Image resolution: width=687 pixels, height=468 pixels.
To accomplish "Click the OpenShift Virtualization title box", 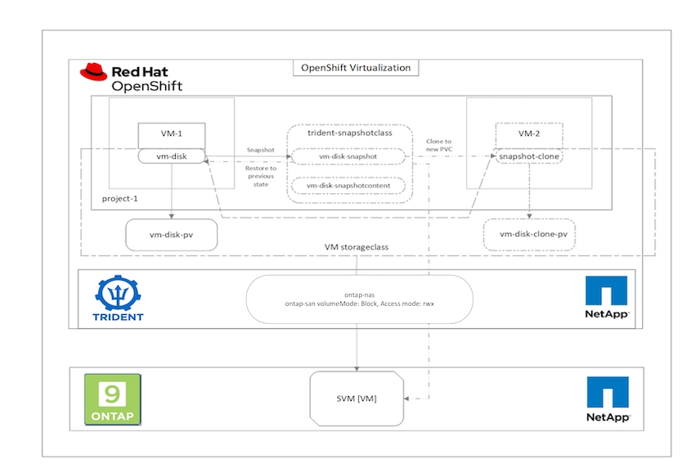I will click(357, 68).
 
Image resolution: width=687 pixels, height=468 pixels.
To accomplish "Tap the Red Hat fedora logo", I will click(93, 72).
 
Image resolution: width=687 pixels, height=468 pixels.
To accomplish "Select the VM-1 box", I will click(170, 134).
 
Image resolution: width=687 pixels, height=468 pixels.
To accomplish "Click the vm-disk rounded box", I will click(170, 155).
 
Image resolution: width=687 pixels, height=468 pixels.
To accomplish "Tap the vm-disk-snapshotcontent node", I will click(349, 186).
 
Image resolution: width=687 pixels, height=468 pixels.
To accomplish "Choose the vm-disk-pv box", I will click(170, 234).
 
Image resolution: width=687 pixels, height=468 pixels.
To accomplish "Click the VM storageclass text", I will click(357, 246).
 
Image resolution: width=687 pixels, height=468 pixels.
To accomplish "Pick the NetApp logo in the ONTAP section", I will click(608, 399).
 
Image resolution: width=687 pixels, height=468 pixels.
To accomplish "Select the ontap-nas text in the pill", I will click(358, 295).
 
